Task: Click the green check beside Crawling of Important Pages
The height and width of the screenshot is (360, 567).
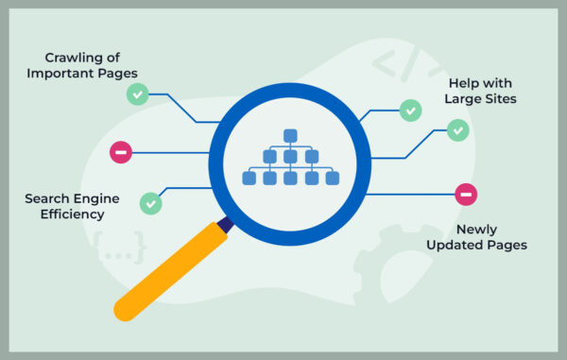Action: point(138,94)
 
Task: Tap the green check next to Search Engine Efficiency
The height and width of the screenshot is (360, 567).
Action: point(150,202)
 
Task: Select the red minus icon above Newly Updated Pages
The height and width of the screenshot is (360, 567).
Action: point(465,195)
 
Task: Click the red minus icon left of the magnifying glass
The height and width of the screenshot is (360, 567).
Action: point(121,152)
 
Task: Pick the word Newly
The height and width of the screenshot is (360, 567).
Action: point(475,229)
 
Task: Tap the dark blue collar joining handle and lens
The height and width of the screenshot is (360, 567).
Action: point(224,225)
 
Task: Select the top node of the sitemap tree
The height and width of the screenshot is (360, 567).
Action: point(290,134)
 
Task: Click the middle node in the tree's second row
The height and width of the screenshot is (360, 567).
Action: point(290,156)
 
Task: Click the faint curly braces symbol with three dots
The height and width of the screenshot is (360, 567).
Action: point(120,248)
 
